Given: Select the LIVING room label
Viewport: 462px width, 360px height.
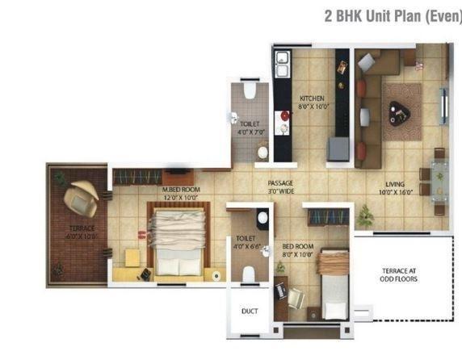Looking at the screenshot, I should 395,183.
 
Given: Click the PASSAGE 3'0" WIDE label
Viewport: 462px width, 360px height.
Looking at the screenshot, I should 280,183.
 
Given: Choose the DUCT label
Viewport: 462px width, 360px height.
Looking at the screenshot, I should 250,310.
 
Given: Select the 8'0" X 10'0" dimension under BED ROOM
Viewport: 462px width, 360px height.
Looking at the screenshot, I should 298,254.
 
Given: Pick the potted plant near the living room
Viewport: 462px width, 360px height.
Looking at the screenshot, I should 366,214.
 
